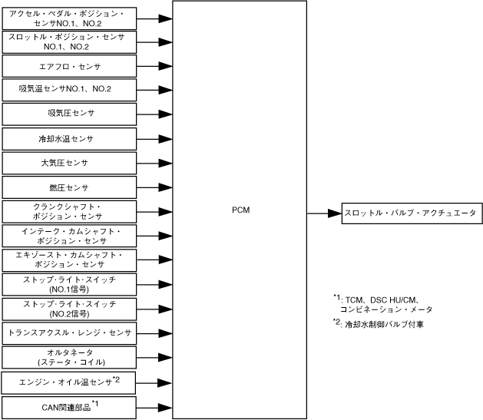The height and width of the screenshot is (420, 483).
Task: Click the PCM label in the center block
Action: (x=240, y=210)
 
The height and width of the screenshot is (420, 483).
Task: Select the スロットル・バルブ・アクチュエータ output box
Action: (x=411, y=213)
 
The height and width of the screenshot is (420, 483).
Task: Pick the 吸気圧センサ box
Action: (x=69, y=114)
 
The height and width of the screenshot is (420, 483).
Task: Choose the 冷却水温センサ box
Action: (x=69, y=139)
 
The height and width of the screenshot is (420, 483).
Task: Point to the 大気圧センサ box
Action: (x=69, y=164)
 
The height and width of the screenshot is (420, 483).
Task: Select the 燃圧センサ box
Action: (x=69, y=188)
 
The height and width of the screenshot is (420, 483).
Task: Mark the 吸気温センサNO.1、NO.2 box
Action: (x=69, y=89)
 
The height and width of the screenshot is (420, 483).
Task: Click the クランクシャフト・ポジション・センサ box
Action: (x=69, y=213)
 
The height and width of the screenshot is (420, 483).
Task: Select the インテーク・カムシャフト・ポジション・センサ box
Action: (x=69, y=236)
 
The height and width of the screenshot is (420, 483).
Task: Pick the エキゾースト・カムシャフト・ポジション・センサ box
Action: (x=69, y=260)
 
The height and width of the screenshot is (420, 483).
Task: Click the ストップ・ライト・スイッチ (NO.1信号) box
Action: (x=69, y=284)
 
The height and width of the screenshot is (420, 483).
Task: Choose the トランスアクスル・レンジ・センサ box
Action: (x=69, y=333)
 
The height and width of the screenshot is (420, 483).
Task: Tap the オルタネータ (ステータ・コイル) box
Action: (x=69, y=357)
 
